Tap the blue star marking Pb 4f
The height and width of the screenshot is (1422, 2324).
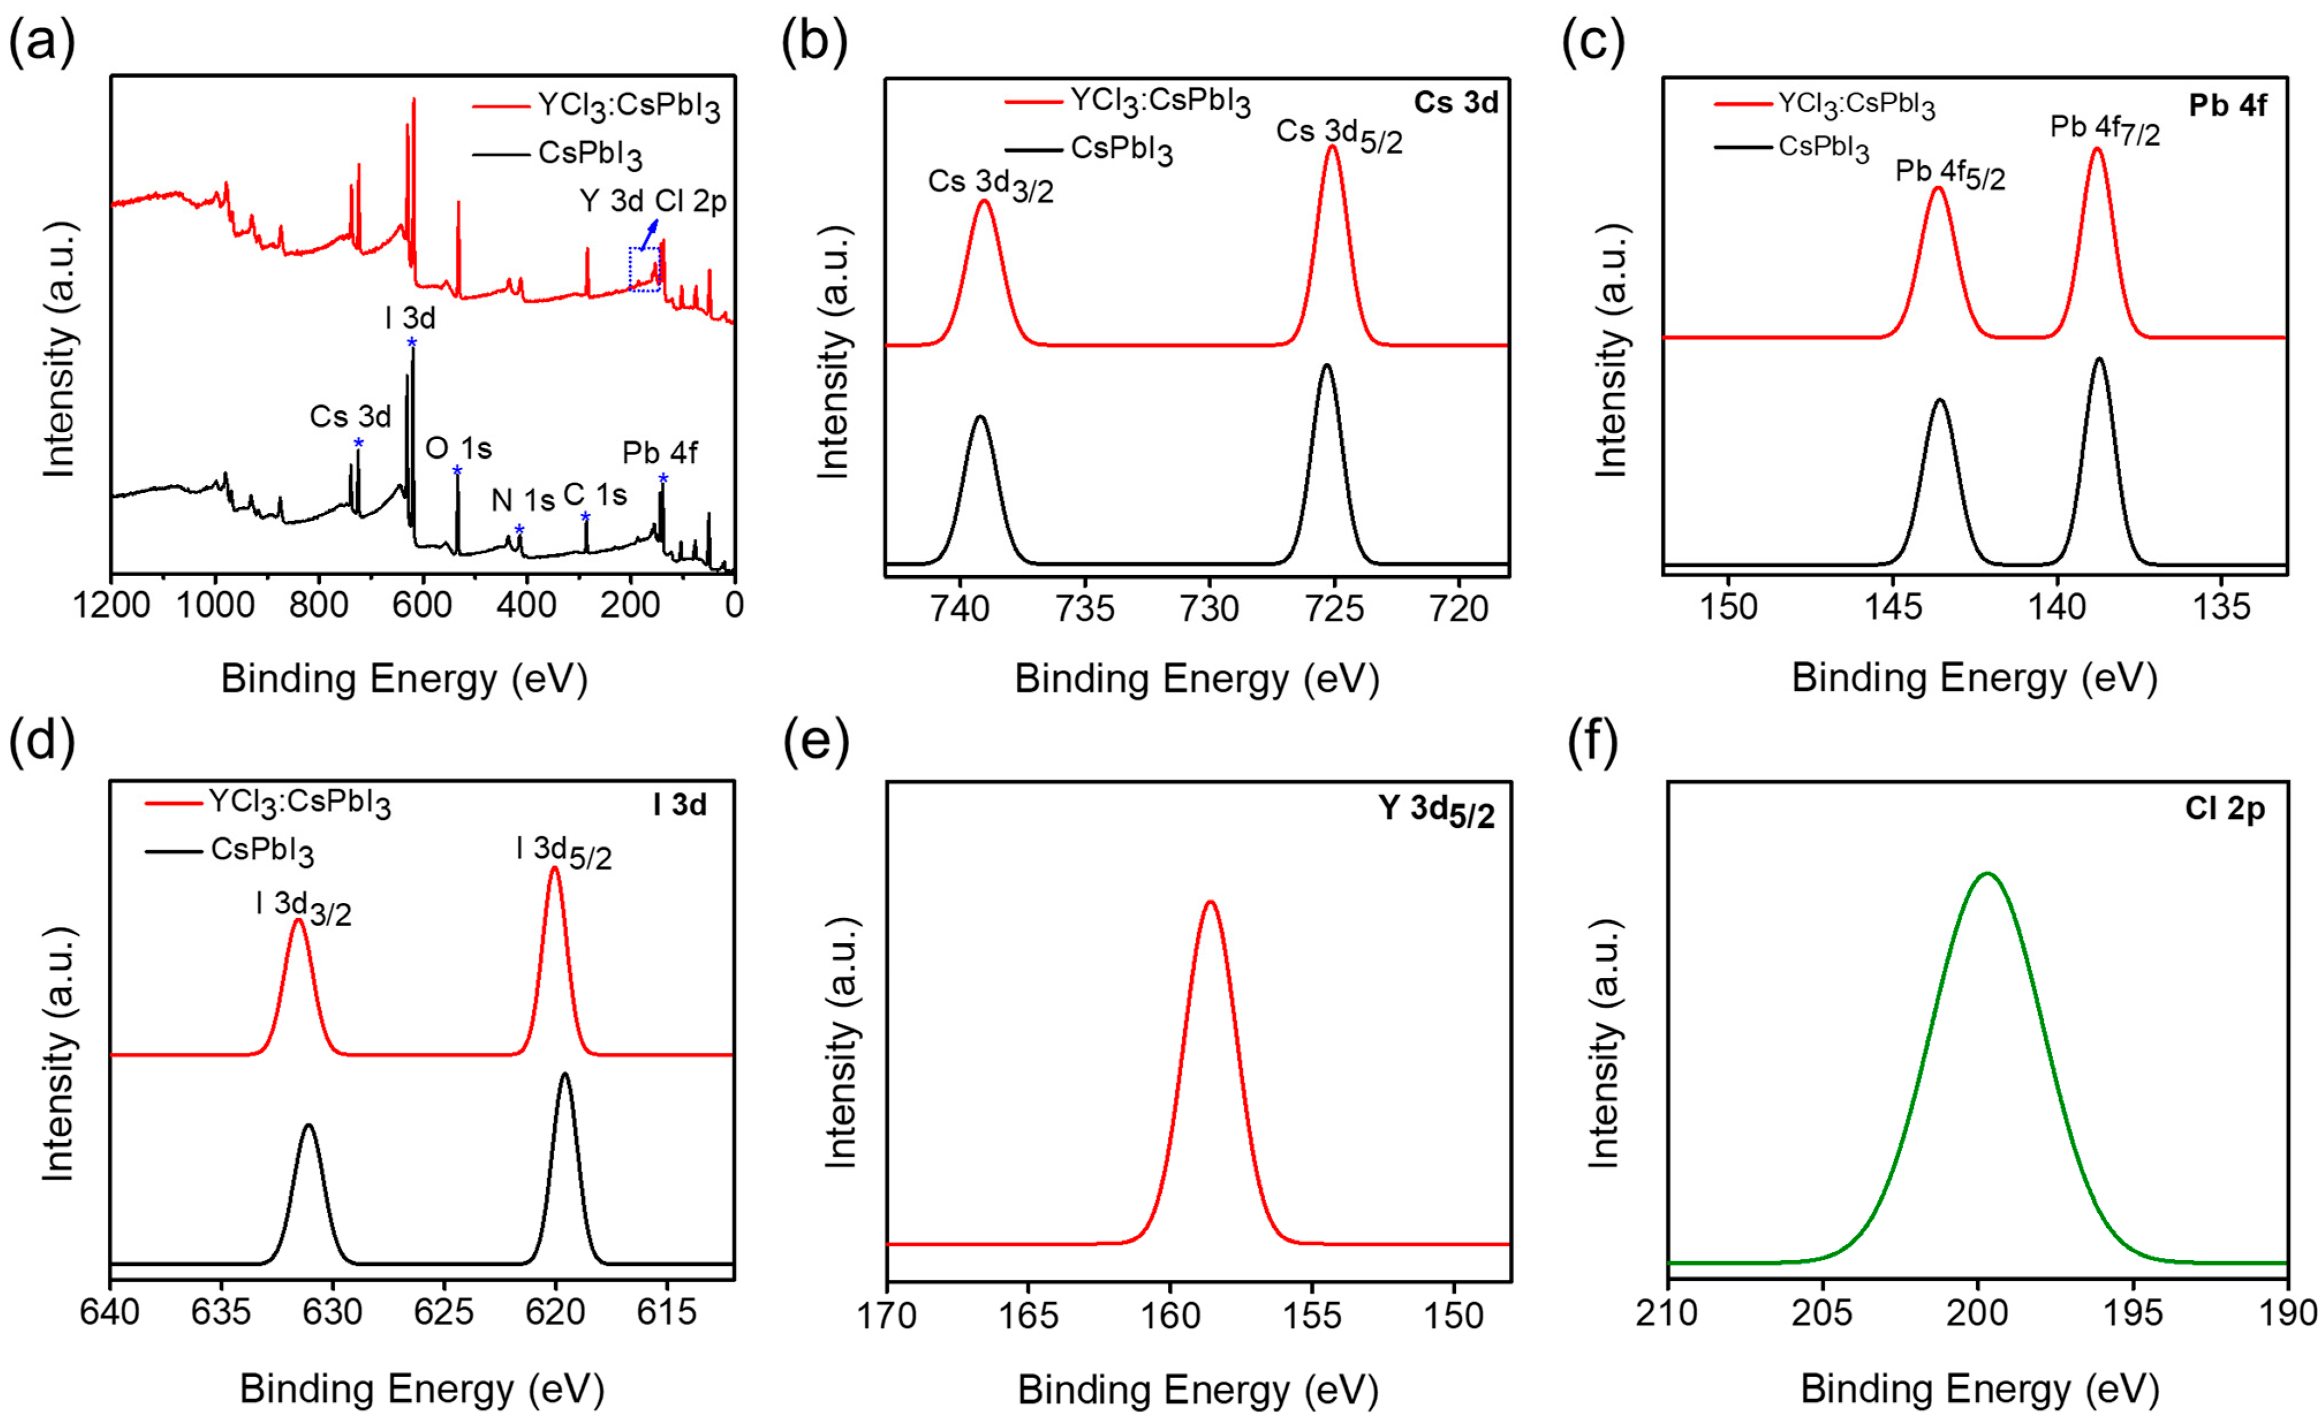point(663,478)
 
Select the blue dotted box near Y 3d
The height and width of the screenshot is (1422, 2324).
point(645,269)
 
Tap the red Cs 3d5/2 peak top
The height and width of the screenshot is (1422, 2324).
point(1332,146)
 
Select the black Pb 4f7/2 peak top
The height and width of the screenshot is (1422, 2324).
point(2099,358)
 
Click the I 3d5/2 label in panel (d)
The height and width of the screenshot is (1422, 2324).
point(563,852)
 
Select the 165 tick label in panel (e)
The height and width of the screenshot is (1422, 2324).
point(1028,1314)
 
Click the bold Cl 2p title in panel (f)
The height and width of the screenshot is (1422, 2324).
point(2224,810)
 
